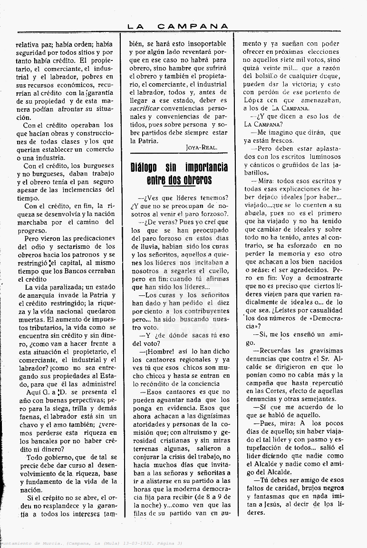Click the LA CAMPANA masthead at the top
click(178, 27)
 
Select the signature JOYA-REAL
click(202, 147)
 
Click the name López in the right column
click(254, 100)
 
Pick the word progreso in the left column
click(32, 230)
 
